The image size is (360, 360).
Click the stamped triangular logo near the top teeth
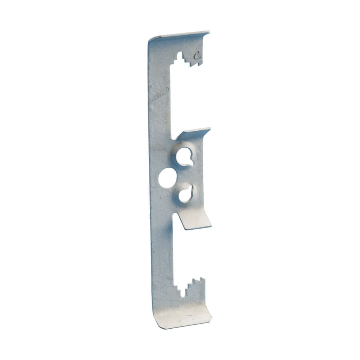coord(197,55)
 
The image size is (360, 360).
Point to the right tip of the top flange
coord(208,33)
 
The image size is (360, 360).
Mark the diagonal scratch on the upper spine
coord(159,95)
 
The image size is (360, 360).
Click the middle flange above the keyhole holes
coord(193,133)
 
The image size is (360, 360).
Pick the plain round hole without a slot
coord(167,178)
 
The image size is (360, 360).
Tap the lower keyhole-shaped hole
coord(186,194)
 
